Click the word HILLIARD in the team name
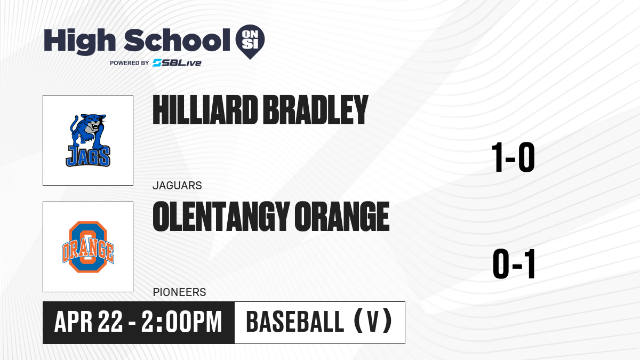point(205,110)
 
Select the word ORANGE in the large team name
point(342,217)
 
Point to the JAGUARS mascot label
point(177,186)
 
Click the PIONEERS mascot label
point(179,292)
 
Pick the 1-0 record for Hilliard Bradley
point(513,157)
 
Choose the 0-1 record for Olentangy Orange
point(514,263)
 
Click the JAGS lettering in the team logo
point(88,156)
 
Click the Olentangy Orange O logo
point(88,247)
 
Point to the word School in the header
point(177,41)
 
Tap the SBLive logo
point(177,63)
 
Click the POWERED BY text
point(130,63)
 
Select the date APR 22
point(89,322)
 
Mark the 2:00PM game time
point(182,322)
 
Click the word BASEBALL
point(295,322)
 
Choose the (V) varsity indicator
point(373,321)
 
